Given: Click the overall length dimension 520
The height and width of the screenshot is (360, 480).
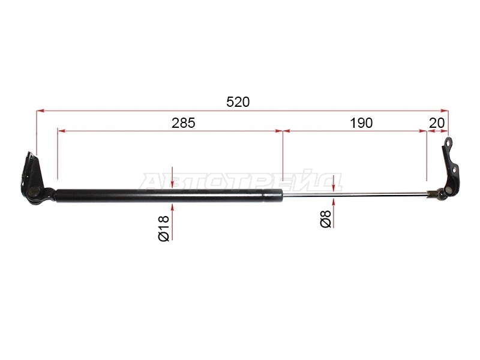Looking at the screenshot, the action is coord(238,102).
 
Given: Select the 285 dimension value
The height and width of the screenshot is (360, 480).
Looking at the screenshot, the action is coord(183,123).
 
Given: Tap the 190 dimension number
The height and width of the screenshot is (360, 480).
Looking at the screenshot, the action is coord(361,123).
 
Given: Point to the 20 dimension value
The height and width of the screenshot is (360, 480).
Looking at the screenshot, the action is coord(437,123).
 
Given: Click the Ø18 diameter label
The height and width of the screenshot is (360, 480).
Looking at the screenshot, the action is coord(164,229).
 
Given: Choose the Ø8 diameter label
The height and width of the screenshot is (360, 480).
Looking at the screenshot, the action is coord(326,219).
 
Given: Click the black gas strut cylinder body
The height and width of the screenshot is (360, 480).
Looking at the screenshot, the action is coord(169,196).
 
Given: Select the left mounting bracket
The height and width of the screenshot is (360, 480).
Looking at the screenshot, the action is coord(35,181).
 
